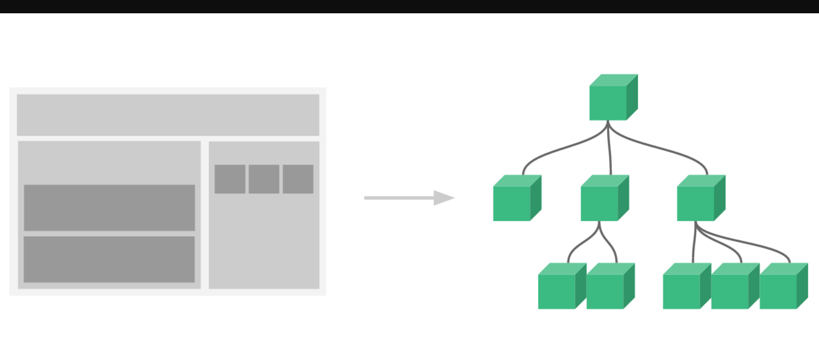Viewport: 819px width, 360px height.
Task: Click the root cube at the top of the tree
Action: coord(611,100)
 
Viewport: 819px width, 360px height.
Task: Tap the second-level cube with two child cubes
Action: coord(602,200)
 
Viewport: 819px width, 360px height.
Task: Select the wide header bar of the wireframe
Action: coord(168,115)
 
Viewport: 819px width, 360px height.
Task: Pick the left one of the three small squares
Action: coord(230,179)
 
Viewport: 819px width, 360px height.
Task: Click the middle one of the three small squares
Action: coord(264,179)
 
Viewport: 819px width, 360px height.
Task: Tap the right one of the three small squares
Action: coord(298,179)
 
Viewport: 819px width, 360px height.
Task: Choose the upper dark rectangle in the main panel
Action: coord(109,208)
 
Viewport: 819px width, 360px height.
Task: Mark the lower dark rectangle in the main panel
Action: coord(109,259)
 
